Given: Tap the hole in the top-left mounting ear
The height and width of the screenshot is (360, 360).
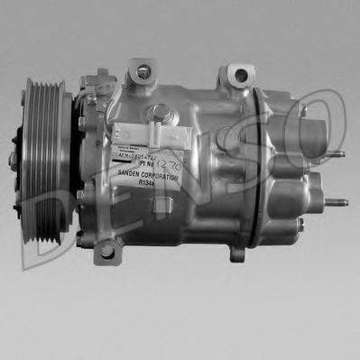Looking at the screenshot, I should click(143, 69).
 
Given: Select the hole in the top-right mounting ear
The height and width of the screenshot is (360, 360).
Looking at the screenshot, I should click(238, 71).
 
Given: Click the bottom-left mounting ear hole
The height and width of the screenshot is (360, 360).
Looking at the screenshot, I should click(107, 252).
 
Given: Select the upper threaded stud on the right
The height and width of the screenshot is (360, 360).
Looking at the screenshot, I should click(336, 153).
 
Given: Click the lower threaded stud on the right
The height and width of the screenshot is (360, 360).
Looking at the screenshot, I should click(338, 203).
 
